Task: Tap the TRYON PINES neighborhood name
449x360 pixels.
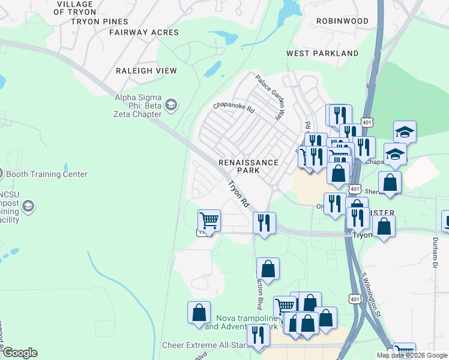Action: (99, 21)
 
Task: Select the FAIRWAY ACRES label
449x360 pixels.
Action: (144, 32)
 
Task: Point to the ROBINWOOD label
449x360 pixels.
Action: (342, 21)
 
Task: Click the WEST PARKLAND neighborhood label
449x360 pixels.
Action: (322, 53)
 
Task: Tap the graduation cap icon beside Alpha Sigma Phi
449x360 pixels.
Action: (171, 106)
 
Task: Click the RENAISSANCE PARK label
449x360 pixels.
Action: (248, 166)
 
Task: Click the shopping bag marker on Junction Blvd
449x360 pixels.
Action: (268, 269)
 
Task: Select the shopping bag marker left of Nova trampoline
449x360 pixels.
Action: (199, 312)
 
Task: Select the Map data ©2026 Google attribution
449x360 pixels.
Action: (412, 355)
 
